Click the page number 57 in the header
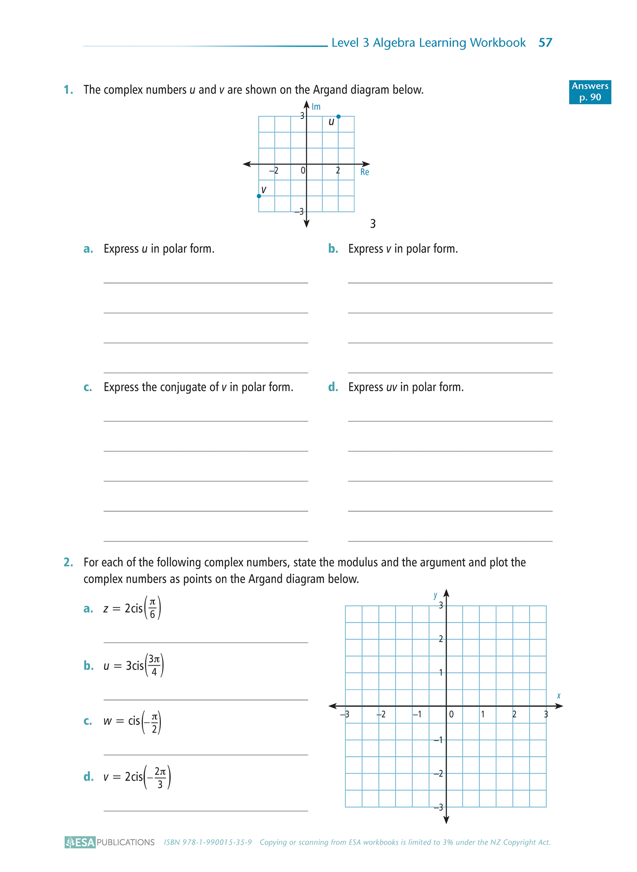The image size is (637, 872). click(545, 43)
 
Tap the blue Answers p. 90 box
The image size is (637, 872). click(590, 92)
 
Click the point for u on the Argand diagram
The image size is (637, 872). click(338, 116)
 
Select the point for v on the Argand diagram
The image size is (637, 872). click(259, 196)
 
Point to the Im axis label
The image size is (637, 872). click(316, 107)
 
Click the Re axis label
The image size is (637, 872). click(365, 172)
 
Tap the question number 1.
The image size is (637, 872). click(68, 90)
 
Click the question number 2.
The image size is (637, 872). click(68, 562)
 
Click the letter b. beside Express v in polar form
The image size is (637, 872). click(333, 249)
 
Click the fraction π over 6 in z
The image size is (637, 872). click(153, 609)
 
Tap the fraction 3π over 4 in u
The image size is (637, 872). click(154, 666)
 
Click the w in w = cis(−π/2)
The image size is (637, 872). click(108, 721)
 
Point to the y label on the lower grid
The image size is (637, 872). click(436, 595)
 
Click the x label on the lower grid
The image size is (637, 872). click(559, 696)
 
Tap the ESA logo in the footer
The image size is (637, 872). click(80, 842)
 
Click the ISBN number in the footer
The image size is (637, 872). click(208, 842)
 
